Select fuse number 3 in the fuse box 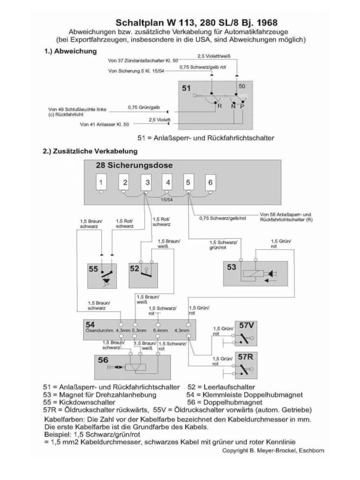(x=147, y=182)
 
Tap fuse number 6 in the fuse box (x=210, y=182)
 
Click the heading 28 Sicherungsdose (x=134, y=165)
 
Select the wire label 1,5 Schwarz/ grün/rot (x=223, y=245)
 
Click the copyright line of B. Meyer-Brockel (x=273, y=450)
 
